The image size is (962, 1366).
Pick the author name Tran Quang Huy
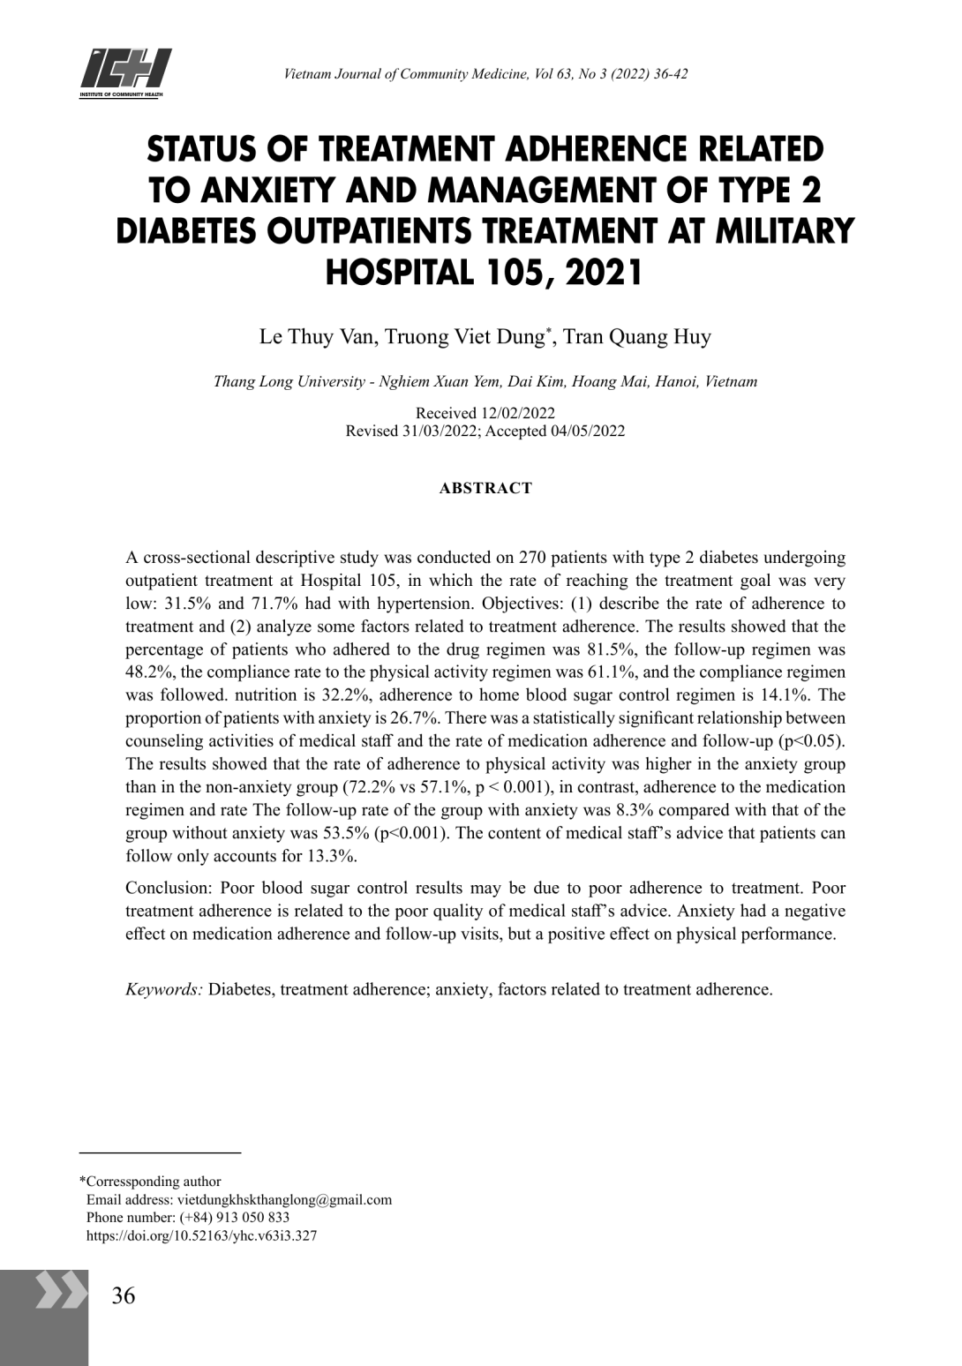(636, 337)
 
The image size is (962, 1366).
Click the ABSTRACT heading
(485, 488)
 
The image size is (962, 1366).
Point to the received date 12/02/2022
(517, 413)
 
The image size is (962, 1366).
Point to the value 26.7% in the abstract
(414, 718)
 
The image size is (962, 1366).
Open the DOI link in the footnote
(201, 1235)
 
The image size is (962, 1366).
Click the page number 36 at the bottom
(124, 1295)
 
